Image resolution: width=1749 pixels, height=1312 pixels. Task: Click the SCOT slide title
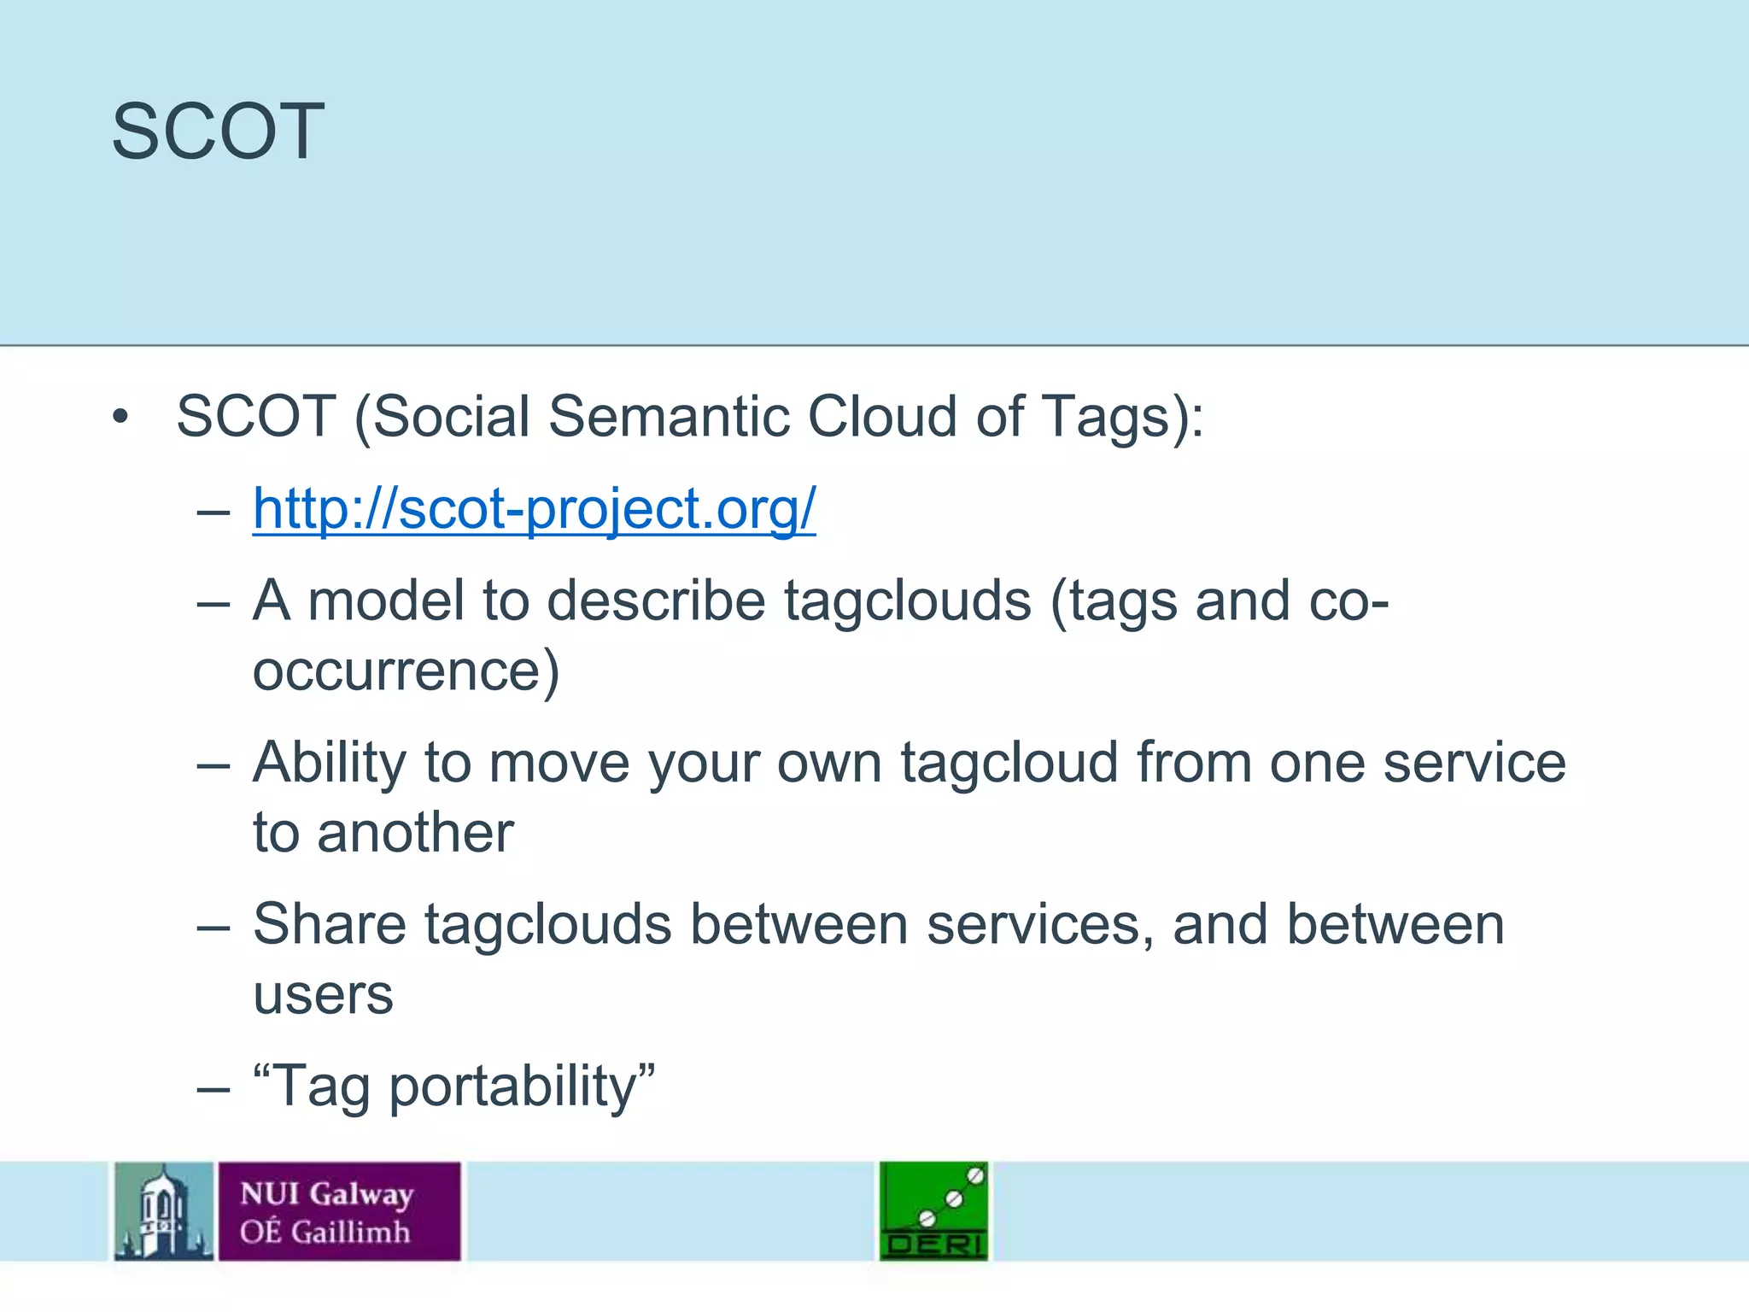point(218,132)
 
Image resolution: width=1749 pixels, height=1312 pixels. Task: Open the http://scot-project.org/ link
point(534,509)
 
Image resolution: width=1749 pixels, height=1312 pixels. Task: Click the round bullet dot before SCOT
point(120,418)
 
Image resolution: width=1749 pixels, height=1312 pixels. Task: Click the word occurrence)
point(406,671)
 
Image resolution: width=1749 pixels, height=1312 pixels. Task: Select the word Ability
point(329,763)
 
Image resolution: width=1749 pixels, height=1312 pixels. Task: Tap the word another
point(415,833)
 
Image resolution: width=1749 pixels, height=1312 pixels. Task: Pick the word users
point(323,996)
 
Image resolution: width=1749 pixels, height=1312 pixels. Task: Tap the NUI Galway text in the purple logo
point(326,1193)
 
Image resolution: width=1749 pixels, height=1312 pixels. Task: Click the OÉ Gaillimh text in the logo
point(325,1232)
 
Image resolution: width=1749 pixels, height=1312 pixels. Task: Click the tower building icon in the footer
point(164,1211)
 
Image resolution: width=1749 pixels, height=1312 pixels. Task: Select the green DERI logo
point(933,1211)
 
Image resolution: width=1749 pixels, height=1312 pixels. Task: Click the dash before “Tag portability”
point(213,1089)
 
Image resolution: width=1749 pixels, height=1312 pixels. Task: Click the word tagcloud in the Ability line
point(1009,763)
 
